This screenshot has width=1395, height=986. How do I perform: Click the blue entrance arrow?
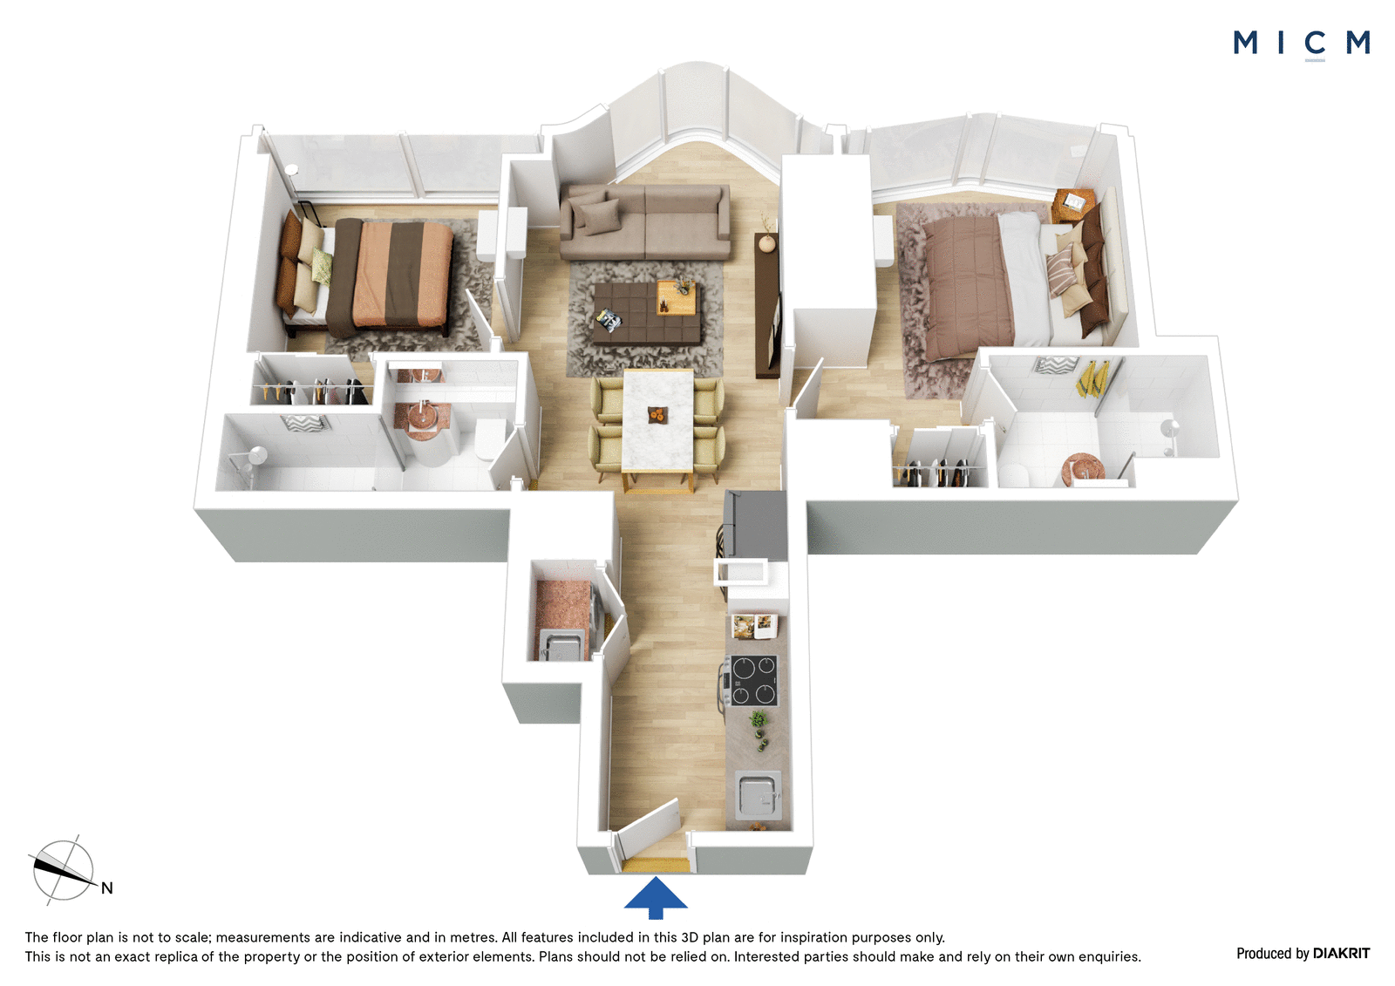(656, 897)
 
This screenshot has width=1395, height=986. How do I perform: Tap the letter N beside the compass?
(107, 888)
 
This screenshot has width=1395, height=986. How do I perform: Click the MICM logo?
(1302, 44)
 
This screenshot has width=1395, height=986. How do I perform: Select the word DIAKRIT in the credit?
(1342, 954)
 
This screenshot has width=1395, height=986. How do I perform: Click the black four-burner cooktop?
(754, 680)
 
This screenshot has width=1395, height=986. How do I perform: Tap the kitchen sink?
(758, 795)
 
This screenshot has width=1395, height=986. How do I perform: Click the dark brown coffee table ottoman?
(646, 313)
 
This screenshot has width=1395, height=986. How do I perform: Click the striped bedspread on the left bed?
(390, 276)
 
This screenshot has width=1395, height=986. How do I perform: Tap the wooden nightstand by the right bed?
(1073, 205)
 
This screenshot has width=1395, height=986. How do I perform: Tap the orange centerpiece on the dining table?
(657, 415)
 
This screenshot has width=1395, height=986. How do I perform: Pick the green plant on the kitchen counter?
(758, 720)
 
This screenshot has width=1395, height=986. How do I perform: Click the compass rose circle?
(64, 870)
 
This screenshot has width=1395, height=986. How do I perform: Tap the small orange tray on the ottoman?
(677, 298)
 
